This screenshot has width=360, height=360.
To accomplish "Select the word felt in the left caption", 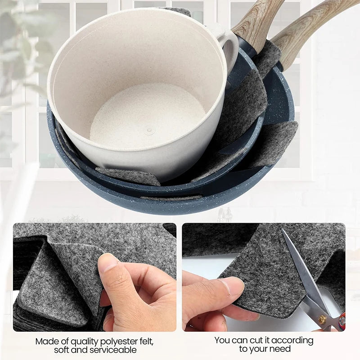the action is (x=144, y=342).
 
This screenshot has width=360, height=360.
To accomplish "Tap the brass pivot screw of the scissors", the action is (x=322, y=319).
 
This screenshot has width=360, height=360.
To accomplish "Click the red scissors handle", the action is (x=342, y=319).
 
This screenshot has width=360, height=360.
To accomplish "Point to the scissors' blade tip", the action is (x=282, y=229).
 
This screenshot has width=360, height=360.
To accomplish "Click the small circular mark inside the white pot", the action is (x=149, y=131).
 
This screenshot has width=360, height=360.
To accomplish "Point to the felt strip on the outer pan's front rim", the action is (x=171, y=198).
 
